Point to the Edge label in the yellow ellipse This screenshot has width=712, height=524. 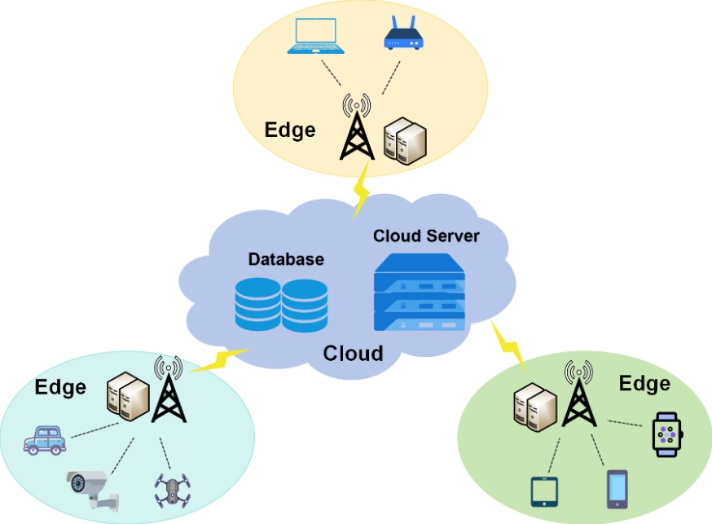(x=289, y=130)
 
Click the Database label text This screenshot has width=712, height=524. (x=286, y=259)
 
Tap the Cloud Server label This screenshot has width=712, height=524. (x=426, y=236)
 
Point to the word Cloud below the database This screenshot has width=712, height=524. (x=353, y=353)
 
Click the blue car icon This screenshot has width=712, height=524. (x=45, y=440)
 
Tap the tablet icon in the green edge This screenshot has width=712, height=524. (x=542, y=491)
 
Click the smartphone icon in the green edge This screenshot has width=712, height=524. (x=617, y=487)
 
